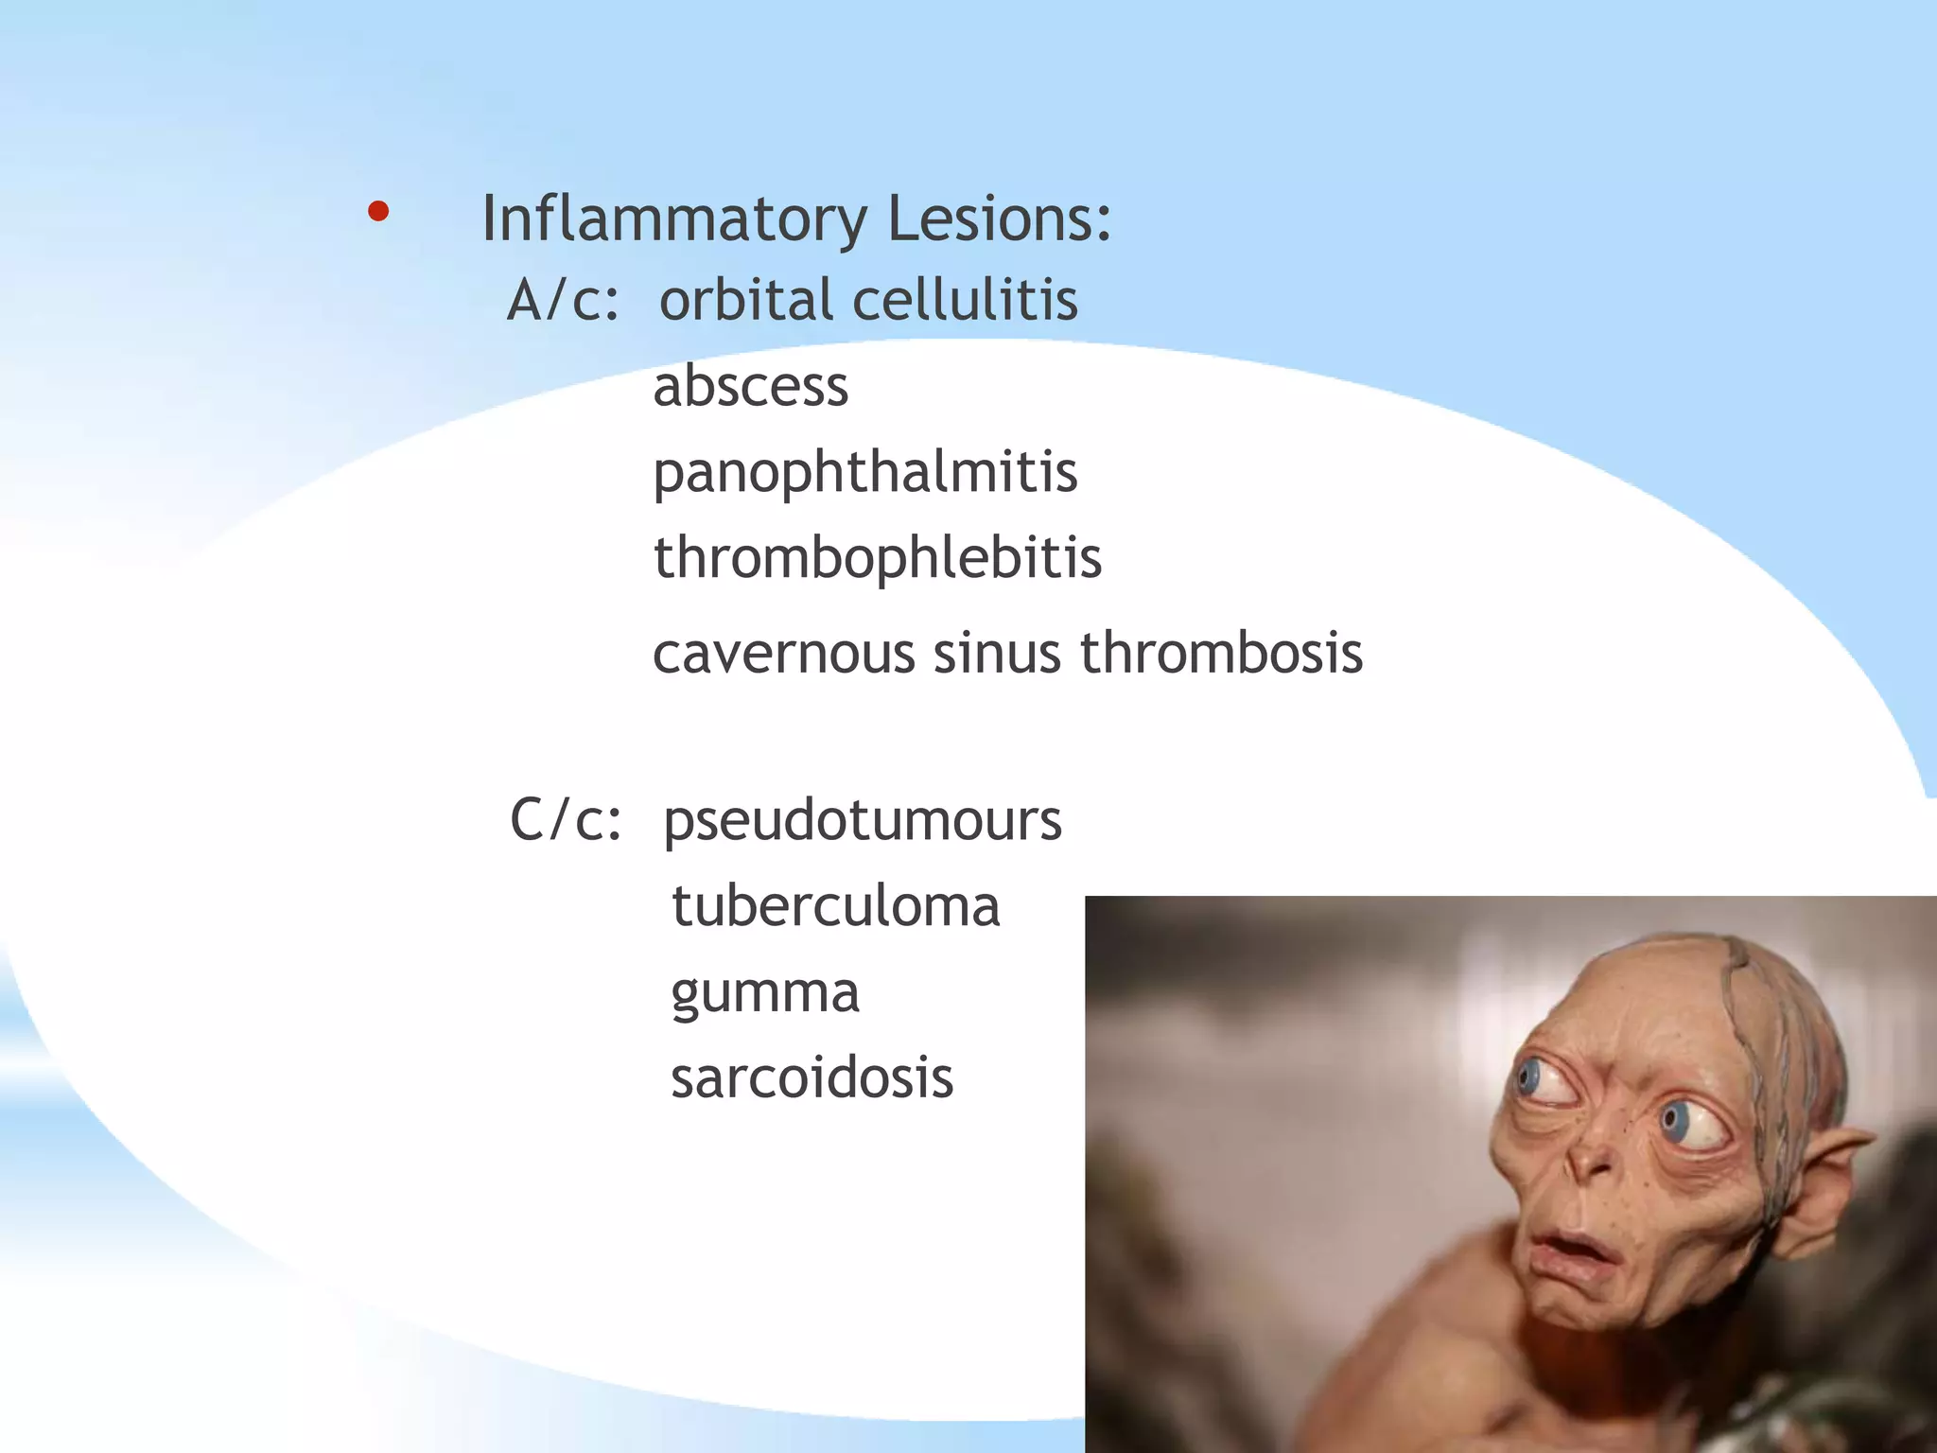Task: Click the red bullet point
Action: click(x=378, y=212)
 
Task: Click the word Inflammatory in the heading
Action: click(x=673, y=219)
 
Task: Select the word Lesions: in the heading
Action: click(x=999, y=219)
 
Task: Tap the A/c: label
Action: click(x=563, y=301)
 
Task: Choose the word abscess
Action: click(x=751, y=387)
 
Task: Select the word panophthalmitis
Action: click(x=864, y=473)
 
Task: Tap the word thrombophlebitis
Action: click(x=878, y=558)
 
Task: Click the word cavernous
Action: click(x=783, y=654)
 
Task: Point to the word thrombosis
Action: click(x=1221, y=654)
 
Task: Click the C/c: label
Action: click(x=566, y=820)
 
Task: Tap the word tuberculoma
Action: click(x=835, y=907)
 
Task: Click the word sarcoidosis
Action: click(x=811, y=1078)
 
